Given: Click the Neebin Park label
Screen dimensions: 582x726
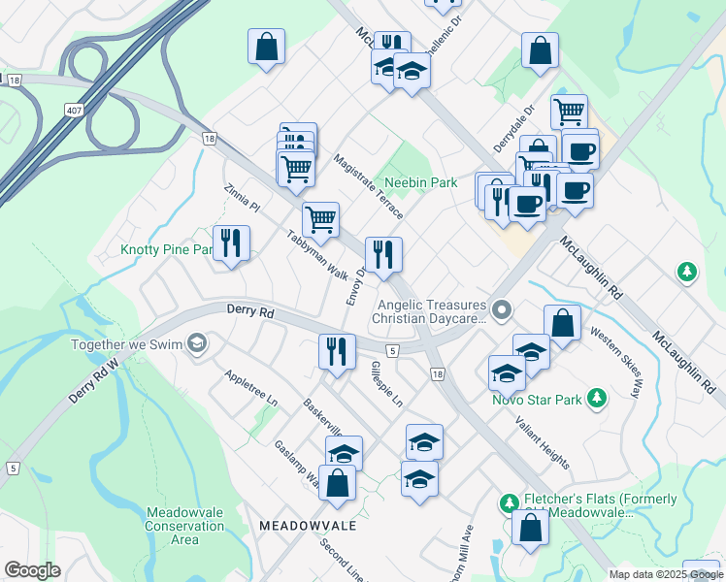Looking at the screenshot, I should click(x=420, y=182).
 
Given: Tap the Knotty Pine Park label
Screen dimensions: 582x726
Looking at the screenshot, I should click(x=166, y=249).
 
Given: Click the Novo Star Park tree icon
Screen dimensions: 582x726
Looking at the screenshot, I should click(x=598, y=399).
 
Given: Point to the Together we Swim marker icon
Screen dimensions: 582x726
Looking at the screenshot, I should click(x=198, y=343).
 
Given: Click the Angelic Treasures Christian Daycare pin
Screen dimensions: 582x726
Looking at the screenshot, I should click(x=502, y=310).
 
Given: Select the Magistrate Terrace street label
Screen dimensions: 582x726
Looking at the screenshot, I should click(x=368, y=187).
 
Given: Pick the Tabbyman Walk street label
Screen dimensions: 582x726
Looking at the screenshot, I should click(x=317, y=257).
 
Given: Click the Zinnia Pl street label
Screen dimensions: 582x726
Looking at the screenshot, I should click(x=243, y=199).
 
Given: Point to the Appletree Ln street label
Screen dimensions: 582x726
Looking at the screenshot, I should click(x=250, y=389).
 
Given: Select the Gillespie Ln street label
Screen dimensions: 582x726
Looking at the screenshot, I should click(x=386, y=383).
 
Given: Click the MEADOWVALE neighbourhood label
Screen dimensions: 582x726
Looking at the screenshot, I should click(x=308, y=525).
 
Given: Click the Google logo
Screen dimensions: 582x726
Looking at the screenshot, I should click(x=32, y=570).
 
